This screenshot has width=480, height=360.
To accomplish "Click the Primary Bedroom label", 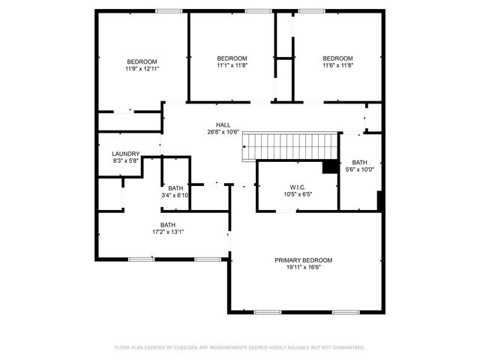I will (x=303, y=260).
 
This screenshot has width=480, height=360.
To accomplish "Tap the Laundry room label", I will (x=126, y=154).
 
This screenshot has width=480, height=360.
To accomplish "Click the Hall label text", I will (x=223, y=125).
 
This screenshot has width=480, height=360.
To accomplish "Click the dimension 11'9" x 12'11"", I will (x=142, y=69).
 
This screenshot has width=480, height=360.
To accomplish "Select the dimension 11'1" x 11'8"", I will (x=232, y=65).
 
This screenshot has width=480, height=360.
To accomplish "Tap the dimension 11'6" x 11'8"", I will (x=337, y=65).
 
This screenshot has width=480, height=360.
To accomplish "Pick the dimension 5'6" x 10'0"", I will (x=360, y=169).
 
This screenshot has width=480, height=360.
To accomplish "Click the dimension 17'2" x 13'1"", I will (x=168, y=232).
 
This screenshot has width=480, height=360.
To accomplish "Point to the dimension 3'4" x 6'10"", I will (x=175, y=196).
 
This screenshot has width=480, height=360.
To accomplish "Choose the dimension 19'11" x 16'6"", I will (x=303, y=268).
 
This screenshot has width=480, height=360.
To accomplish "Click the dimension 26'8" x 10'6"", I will (x=223, y=133).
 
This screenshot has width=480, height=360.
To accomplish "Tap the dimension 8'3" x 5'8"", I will (x=126, y=160).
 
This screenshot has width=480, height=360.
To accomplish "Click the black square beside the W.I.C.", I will (x=329, y=167).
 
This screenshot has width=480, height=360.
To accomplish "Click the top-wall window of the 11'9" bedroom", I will (x=168, y=10).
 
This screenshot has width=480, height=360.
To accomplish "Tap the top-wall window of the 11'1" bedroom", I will (x=258, y=10).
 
